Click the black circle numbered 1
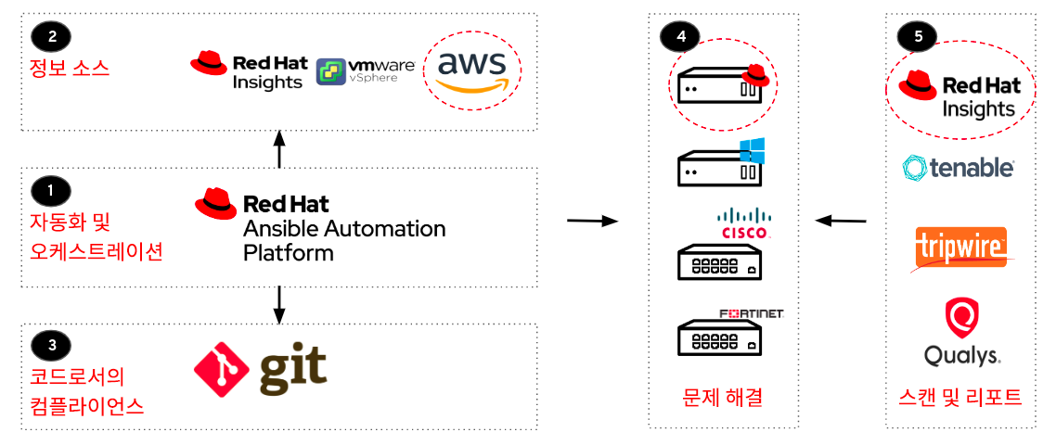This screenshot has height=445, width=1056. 51,191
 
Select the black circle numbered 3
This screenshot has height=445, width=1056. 51,346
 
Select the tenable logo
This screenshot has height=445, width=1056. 958,167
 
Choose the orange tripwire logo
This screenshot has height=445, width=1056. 960,247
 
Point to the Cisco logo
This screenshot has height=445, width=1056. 743,223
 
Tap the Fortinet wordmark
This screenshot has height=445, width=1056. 752,314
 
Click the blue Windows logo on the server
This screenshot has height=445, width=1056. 751,150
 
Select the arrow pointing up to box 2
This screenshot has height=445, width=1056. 279,149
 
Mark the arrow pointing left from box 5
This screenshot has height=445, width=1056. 841,221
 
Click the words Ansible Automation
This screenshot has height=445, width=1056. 343,228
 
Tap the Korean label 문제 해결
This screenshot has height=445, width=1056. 722,398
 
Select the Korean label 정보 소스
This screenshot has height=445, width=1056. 70,68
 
